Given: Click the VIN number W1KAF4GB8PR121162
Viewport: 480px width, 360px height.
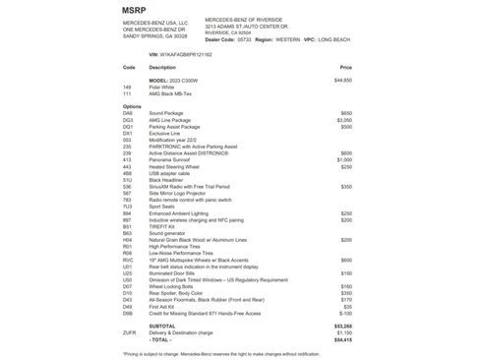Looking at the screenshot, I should click(189, 55).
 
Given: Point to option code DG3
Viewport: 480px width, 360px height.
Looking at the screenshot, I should click(128, 120).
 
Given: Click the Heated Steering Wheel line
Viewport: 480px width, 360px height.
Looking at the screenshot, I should click(175, 166).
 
